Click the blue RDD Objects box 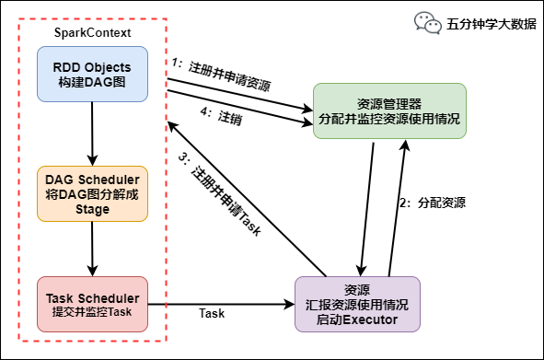click(x=92, y=75)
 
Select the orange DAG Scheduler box click(x=92, y=193)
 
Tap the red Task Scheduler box click(x=92, y=305)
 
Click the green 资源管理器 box click(x=389, y=111)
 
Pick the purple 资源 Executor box click(x=356, y=304)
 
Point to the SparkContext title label click(x=92, y=33)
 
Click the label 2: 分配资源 click(x=432, y=203)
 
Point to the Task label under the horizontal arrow click(x=212, y=315)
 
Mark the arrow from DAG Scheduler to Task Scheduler click(x=92, y=249)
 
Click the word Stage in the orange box click(x=92, y=209)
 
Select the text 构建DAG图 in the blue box click(x=92, y=83)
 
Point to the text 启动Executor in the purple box click(x=356, y=319)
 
